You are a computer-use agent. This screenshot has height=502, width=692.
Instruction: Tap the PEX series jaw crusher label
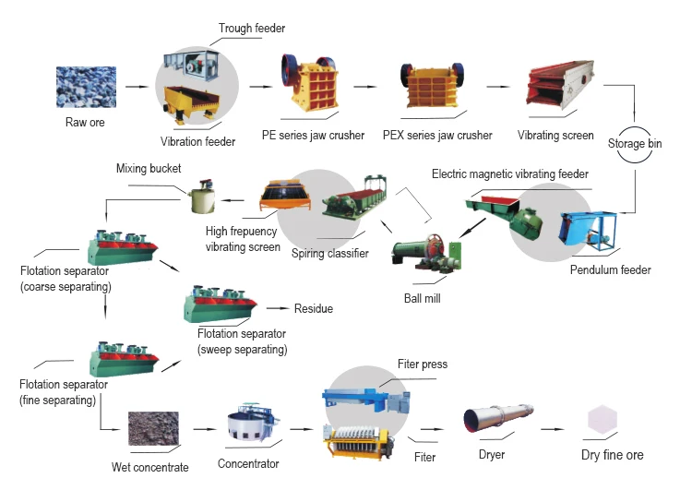437,136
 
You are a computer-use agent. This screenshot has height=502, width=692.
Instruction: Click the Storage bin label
635,144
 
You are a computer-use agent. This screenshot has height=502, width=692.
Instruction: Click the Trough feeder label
253,28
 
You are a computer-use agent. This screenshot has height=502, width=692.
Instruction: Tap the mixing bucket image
202,199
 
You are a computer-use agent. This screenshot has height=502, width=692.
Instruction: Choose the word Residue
313,309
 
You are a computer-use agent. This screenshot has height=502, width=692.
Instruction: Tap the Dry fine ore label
613,455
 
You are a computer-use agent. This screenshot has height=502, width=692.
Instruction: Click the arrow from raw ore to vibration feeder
137,88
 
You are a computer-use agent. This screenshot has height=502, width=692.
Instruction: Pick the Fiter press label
422,365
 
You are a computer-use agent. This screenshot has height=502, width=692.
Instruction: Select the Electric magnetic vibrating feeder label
509,173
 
